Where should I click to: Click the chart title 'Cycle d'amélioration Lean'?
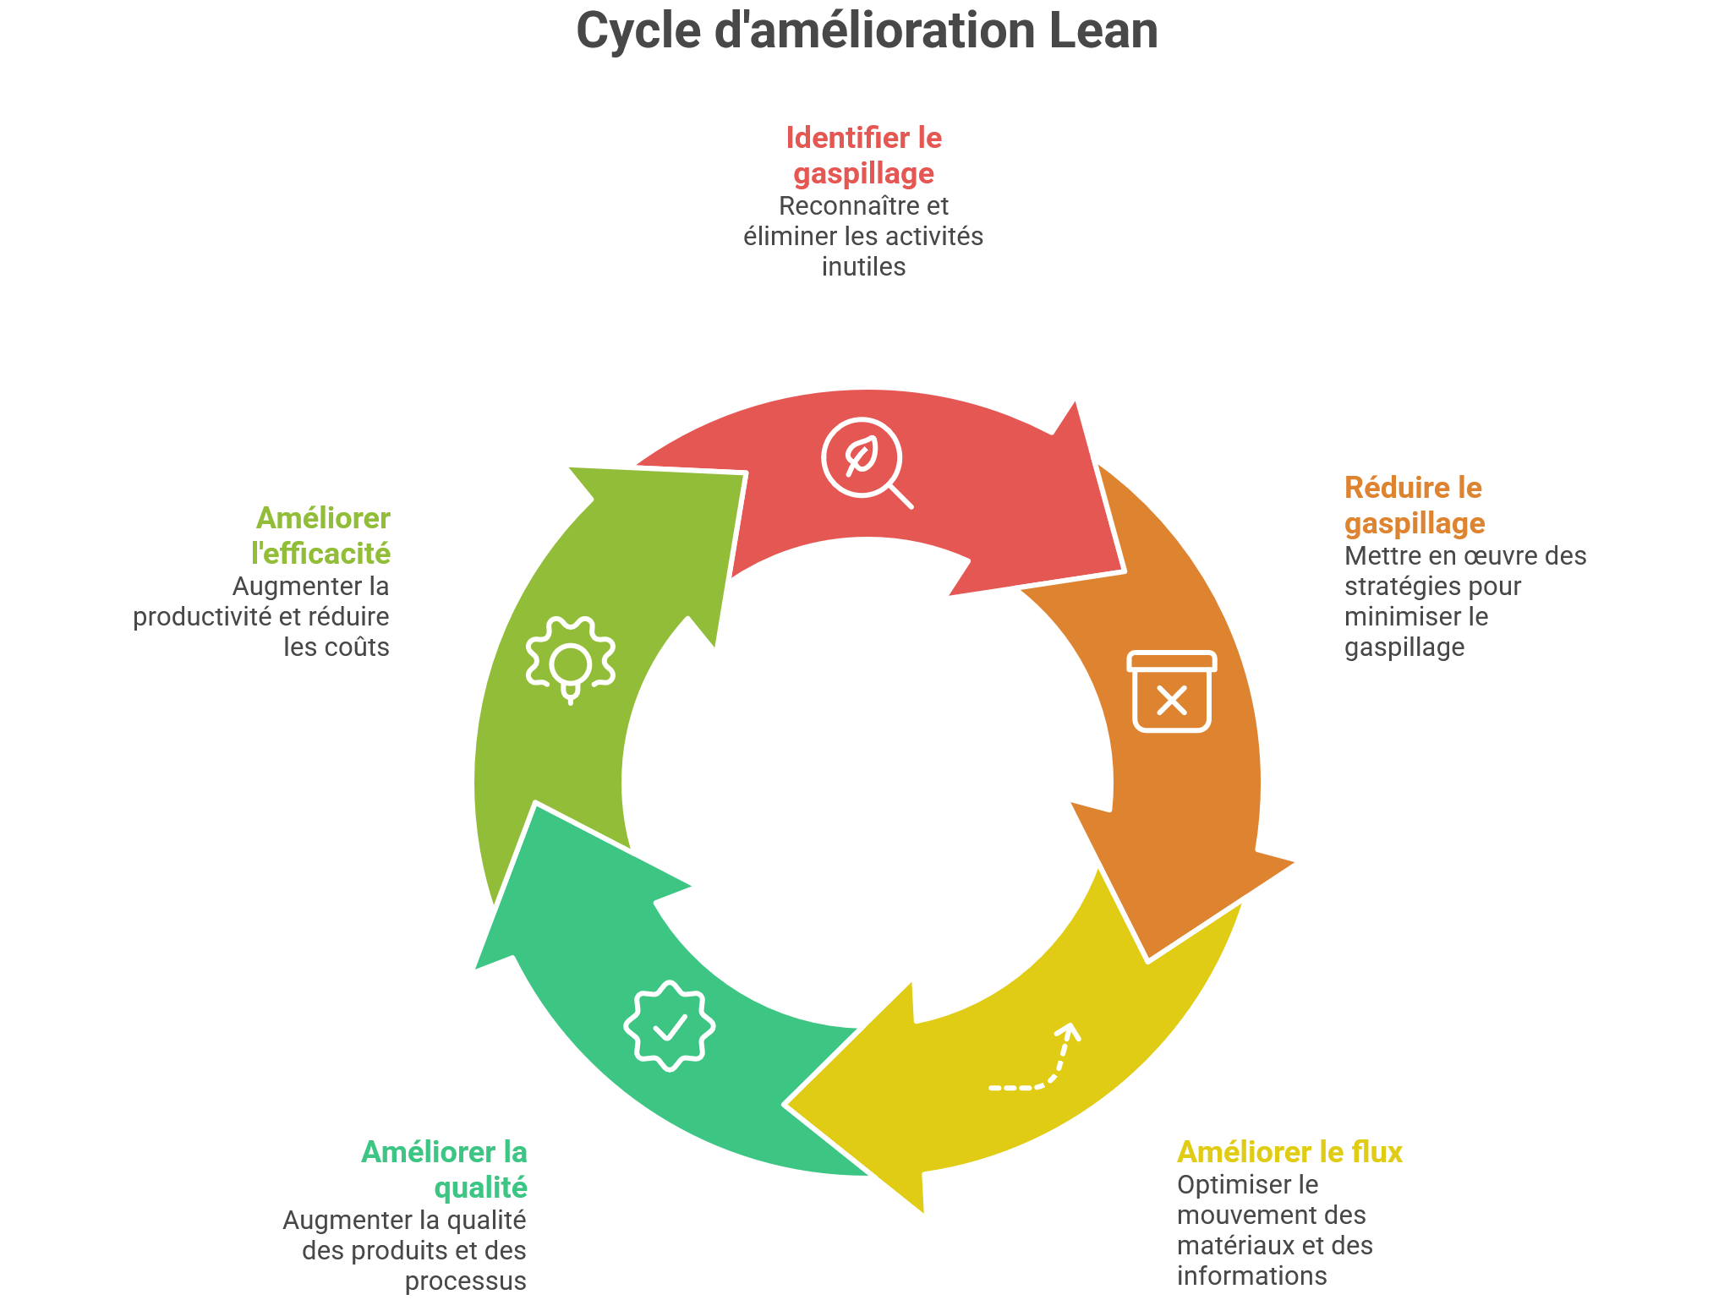(867, 31)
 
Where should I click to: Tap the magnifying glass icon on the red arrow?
(865, 462)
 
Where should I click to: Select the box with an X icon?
(1172, 691)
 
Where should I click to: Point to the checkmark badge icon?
(670, 1026)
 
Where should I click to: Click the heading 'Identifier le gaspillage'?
(863, 155)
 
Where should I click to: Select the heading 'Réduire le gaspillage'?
(1414, 505)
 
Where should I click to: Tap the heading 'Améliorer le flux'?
(1289, 1152)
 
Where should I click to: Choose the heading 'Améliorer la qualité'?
(445, 1169)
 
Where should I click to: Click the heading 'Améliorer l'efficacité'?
(321, 535)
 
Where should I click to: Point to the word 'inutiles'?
(863, 267)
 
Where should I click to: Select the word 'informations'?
(1251, 1276)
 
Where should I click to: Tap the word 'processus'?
(465, 1281)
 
